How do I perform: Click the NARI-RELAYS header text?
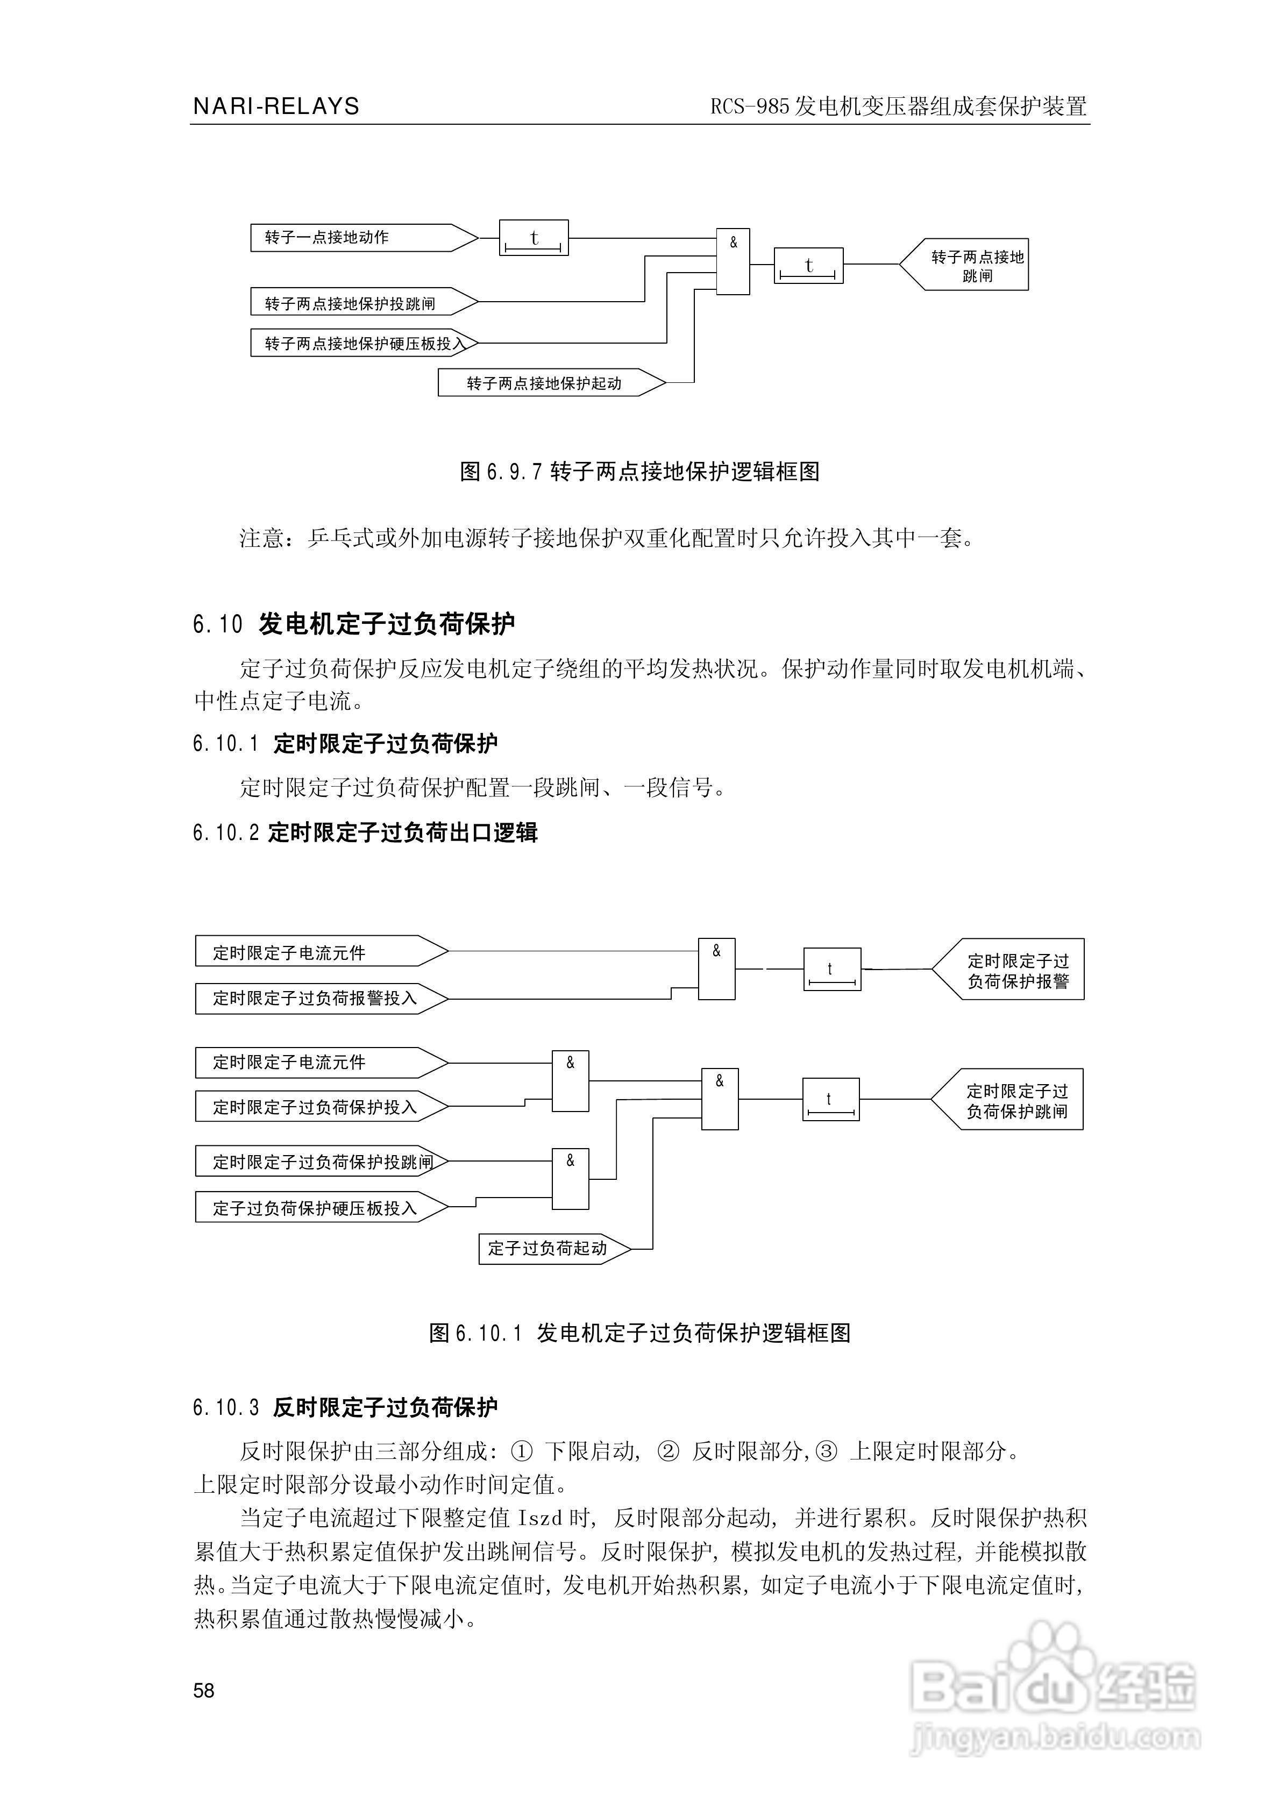(276, 106)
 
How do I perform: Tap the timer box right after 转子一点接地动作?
(534, 238)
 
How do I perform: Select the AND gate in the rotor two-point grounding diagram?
(732, 261)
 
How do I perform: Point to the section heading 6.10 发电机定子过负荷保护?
(354, 624)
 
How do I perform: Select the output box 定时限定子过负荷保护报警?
(1013, 970)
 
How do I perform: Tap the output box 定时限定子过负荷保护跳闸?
(1012, 1100)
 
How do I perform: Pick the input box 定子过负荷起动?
(552, 1248)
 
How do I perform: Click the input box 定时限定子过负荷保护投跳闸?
(319, 1162)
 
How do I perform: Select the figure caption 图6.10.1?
(639, 1333)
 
